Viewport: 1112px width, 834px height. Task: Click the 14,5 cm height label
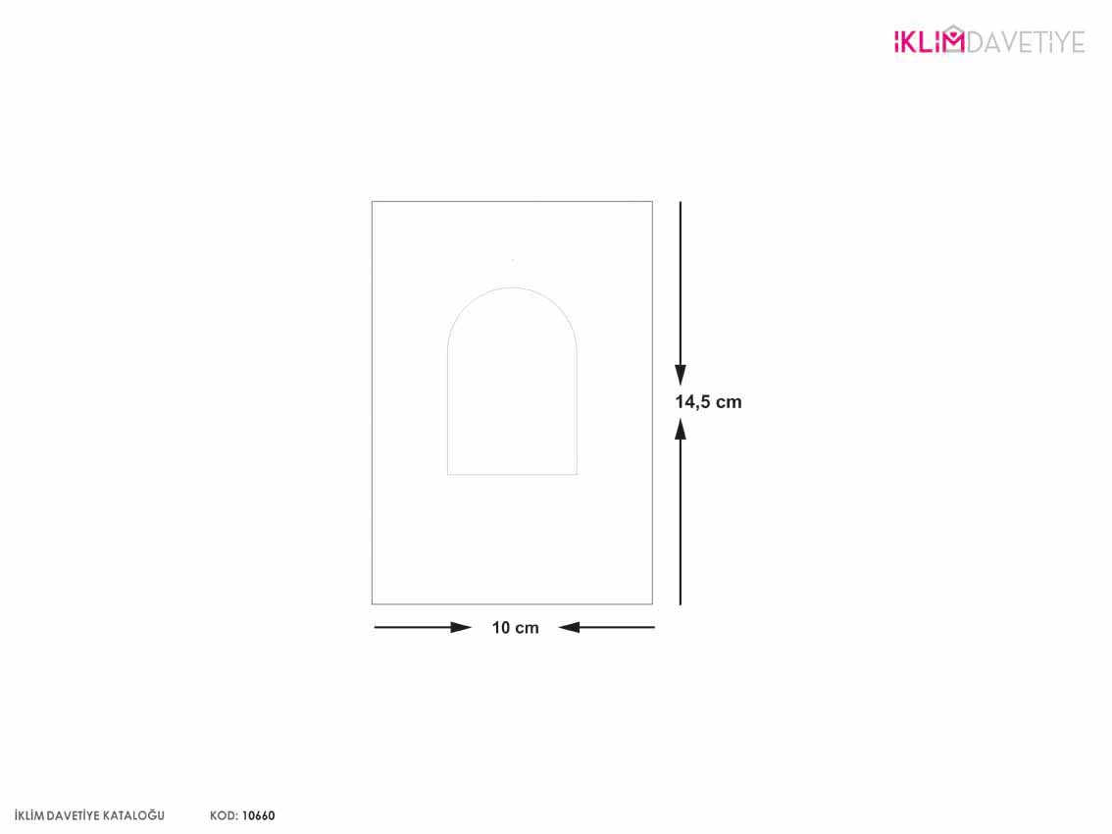coord(708,401)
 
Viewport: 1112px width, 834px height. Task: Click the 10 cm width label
coord(515,627)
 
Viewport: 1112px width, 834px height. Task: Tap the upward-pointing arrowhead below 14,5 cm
coord(681,429)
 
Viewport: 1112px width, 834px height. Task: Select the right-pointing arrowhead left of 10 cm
coord(461,627)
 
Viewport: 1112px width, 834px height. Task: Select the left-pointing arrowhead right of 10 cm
coord(569,627)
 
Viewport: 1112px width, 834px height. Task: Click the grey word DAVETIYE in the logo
coord(1026,42)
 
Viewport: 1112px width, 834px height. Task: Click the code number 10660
coord(258,815)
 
